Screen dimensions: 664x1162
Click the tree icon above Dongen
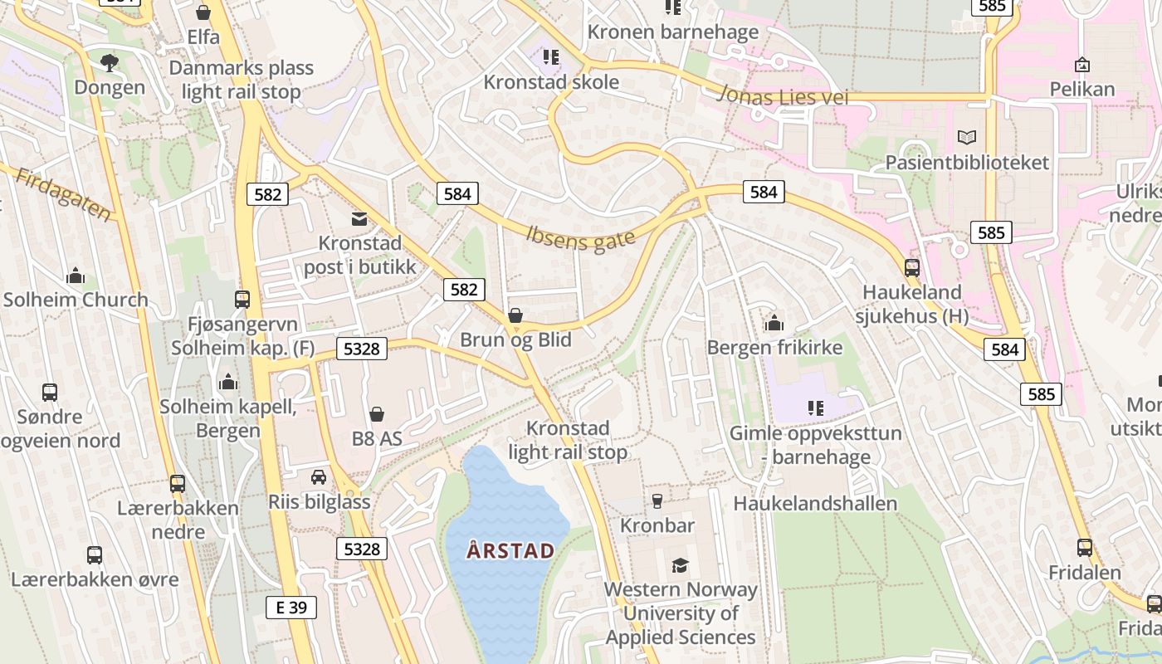tap(109, 62)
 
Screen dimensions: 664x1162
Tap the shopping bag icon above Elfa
tap(203, 12)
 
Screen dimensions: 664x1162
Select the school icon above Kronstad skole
tap(550, 57)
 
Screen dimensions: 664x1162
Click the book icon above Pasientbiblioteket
tap(966, 137)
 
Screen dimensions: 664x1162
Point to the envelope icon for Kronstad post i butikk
tap(359, 219)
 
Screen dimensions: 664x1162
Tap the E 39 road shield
tap(291, 607)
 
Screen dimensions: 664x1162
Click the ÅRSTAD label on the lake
tap(510, 550)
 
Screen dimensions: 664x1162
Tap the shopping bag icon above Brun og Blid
tap(515, 315)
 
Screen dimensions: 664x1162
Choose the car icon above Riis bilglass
tap(319, 477)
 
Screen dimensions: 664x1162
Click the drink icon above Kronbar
tap(657, 500)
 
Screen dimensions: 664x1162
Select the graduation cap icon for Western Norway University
tap(681, 565)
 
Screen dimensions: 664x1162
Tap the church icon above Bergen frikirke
tap(774, 322)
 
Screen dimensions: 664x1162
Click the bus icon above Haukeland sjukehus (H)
tap(911, 267)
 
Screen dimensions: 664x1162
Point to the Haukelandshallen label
tap(815, 504)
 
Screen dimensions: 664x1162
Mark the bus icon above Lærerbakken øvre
tap(95, 554)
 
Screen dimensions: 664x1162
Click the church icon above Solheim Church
tap(76, 275)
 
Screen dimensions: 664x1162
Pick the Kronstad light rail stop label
tap(569, 440)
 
